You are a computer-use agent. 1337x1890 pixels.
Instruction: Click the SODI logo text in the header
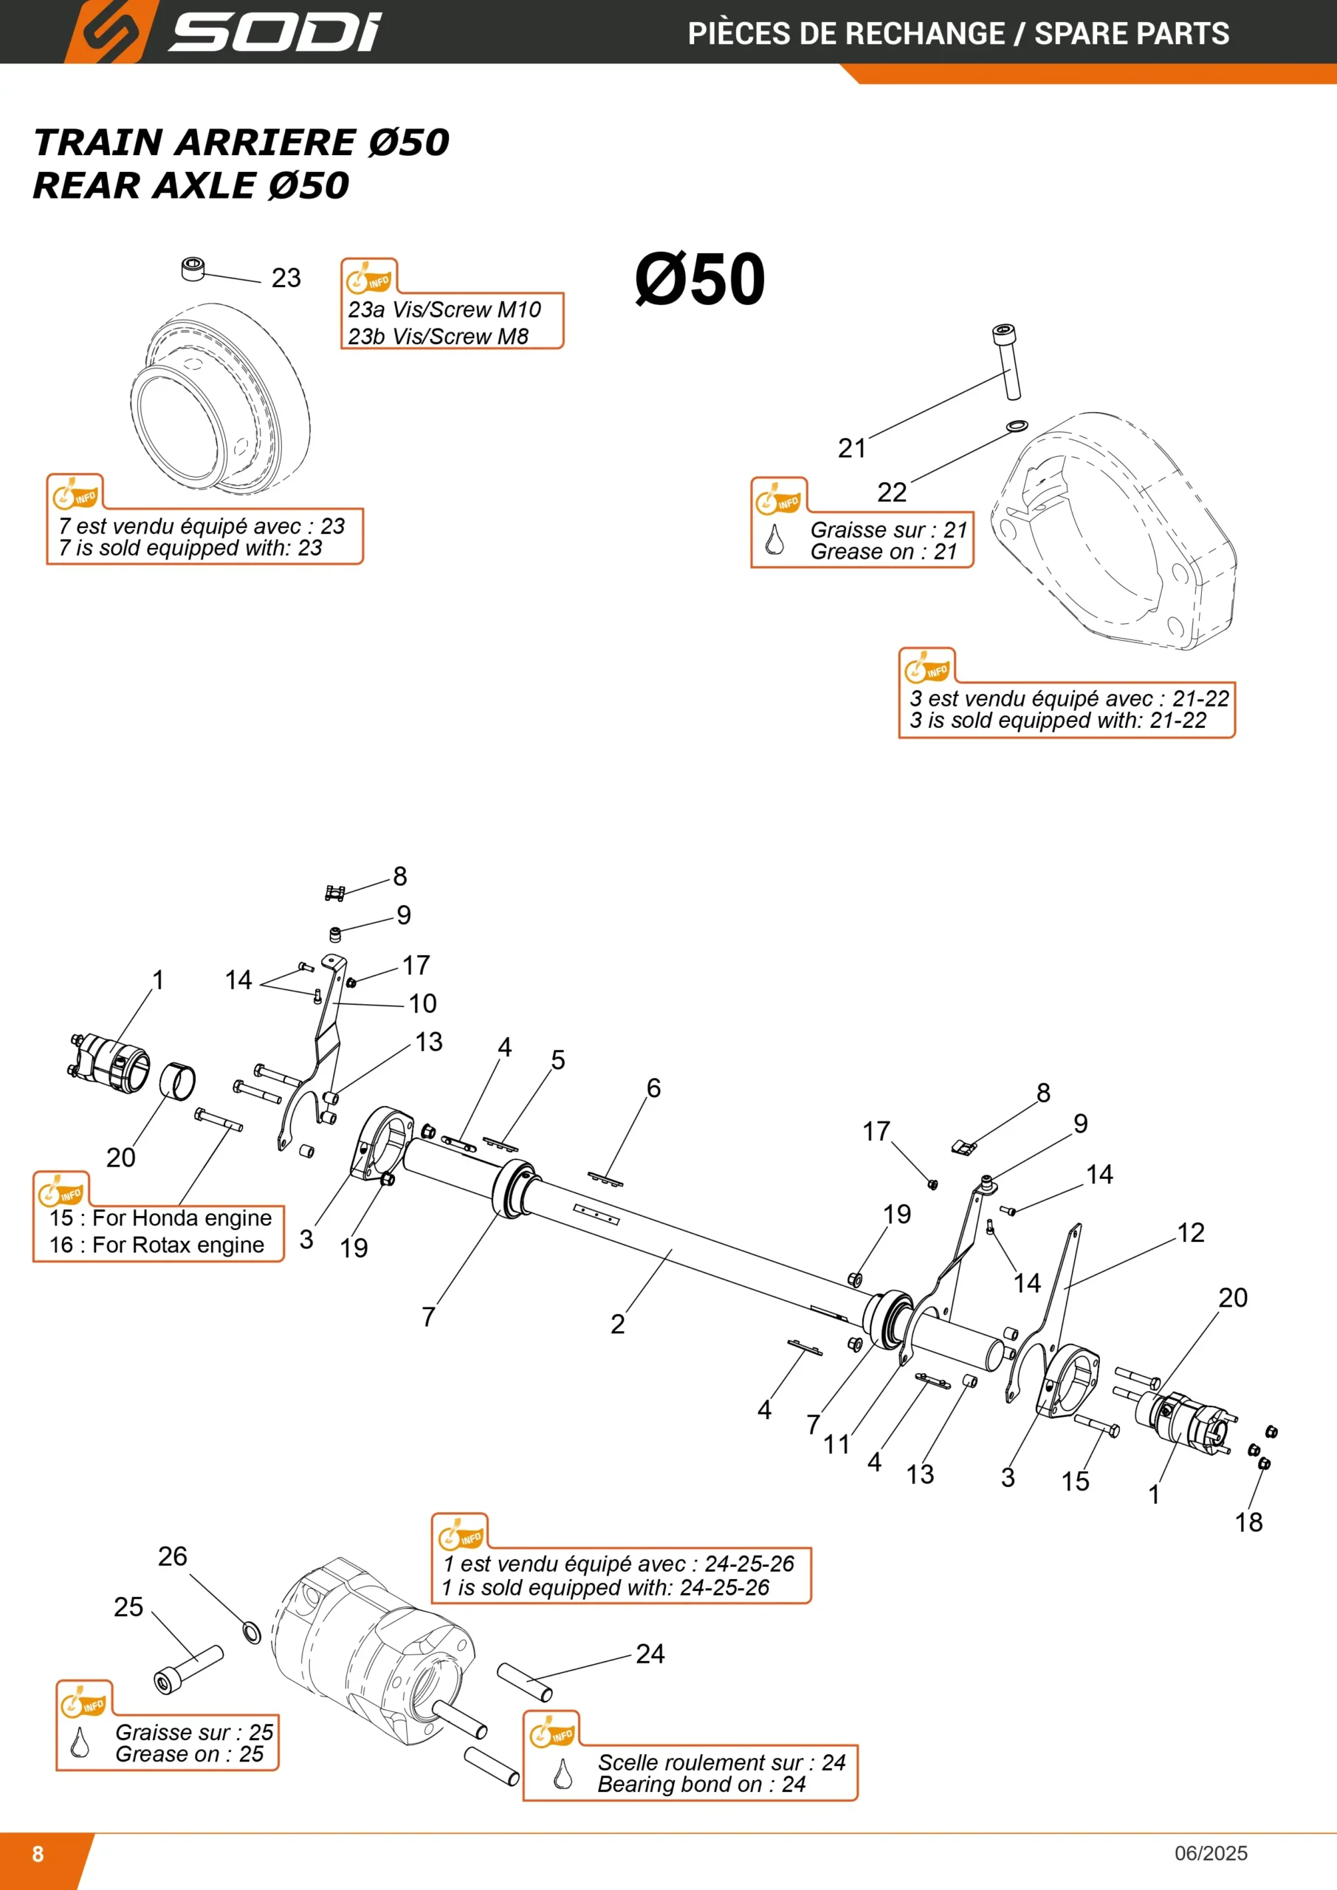275,32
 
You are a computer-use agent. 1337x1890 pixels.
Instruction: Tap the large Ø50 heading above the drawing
700,279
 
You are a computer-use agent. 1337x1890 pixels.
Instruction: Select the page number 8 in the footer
38,1854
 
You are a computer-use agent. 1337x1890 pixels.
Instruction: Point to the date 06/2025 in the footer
1211,1853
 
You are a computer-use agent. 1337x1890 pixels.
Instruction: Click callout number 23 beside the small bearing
286,278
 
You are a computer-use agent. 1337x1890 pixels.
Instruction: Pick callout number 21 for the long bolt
852,449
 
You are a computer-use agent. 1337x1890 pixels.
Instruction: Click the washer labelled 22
1017,425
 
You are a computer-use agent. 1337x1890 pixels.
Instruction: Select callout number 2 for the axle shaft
617,1324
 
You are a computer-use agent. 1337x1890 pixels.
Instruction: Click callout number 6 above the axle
653,1088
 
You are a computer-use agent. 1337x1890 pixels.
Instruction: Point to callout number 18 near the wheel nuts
1248,1522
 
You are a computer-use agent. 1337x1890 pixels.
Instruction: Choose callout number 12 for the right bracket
1191,1232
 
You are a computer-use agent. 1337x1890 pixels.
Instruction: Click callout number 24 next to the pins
650,1654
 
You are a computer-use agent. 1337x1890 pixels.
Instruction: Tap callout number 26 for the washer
172,1556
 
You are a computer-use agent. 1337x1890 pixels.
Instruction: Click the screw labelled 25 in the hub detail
188,1669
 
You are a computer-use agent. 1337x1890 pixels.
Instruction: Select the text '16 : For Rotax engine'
157,1245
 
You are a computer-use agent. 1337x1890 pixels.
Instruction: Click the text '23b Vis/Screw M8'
438,337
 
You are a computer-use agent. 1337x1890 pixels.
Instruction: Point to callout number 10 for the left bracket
422,1003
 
